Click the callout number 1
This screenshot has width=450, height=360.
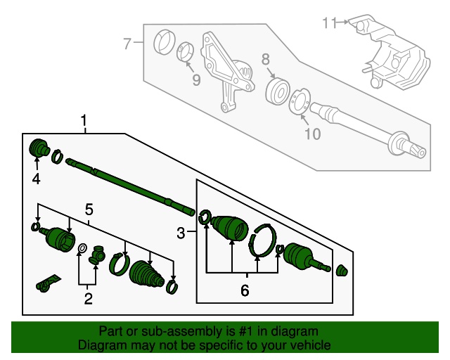coord(84,122)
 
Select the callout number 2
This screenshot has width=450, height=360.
coord(89,300)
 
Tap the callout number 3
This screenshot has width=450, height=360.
coord(181,233)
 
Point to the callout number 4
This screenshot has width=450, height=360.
coord(36,179)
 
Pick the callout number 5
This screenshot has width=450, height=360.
coord(89,209)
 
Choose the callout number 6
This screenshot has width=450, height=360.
coord(245,288)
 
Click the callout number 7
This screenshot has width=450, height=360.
coord(127,45)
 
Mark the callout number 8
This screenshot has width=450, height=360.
coord(266,58)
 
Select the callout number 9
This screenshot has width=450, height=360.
coord(195,80)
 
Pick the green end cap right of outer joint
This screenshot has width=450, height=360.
coord(343,271)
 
